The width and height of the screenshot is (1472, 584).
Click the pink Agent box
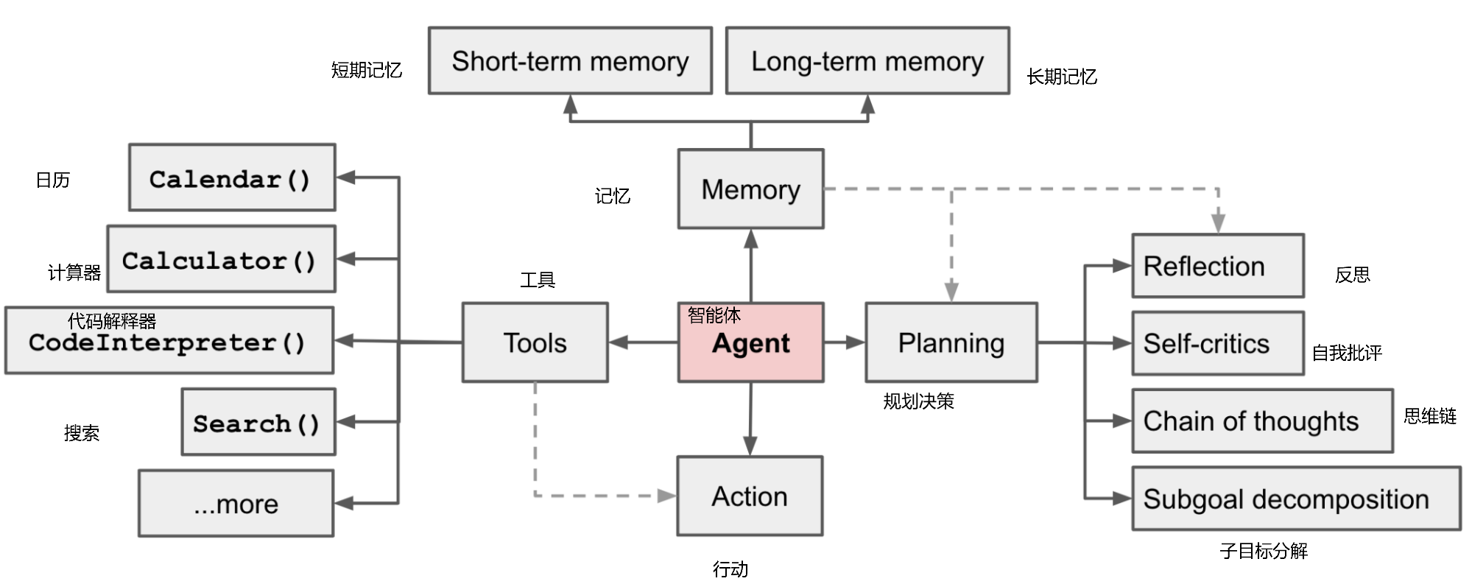(750, 342)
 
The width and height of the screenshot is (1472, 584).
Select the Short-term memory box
(570, 60)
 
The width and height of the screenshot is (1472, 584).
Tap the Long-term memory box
(867, 60)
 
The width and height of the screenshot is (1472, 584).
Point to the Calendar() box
(232, 177)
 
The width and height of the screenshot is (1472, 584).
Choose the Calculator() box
(221, 259)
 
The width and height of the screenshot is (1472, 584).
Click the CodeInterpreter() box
(169, 341)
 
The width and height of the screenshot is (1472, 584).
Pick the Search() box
(258, 422)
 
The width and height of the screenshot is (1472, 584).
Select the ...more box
(236, 504)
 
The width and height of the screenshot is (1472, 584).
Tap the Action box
(750, 496)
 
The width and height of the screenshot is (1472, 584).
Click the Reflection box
(1218, 266)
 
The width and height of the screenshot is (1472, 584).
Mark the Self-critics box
(1218, 343)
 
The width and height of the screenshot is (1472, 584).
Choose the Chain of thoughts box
(1262, 421)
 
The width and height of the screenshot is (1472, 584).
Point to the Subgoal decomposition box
(1296, 499)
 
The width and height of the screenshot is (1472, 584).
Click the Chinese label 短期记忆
(367, 70)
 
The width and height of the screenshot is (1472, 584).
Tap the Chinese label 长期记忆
(1062, 77)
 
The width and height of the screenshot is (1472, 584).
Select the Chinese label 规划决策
(918, 401)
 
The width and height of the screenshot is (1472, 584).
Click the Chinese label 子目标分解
(1264, 551)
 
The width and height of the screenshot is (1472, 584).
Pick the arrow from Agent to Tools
(644, 342)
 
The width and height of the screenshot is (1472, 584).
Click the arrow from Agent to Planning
(845, 342)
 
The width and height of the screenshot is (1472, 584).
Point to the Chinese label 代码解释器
(112, 321)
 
